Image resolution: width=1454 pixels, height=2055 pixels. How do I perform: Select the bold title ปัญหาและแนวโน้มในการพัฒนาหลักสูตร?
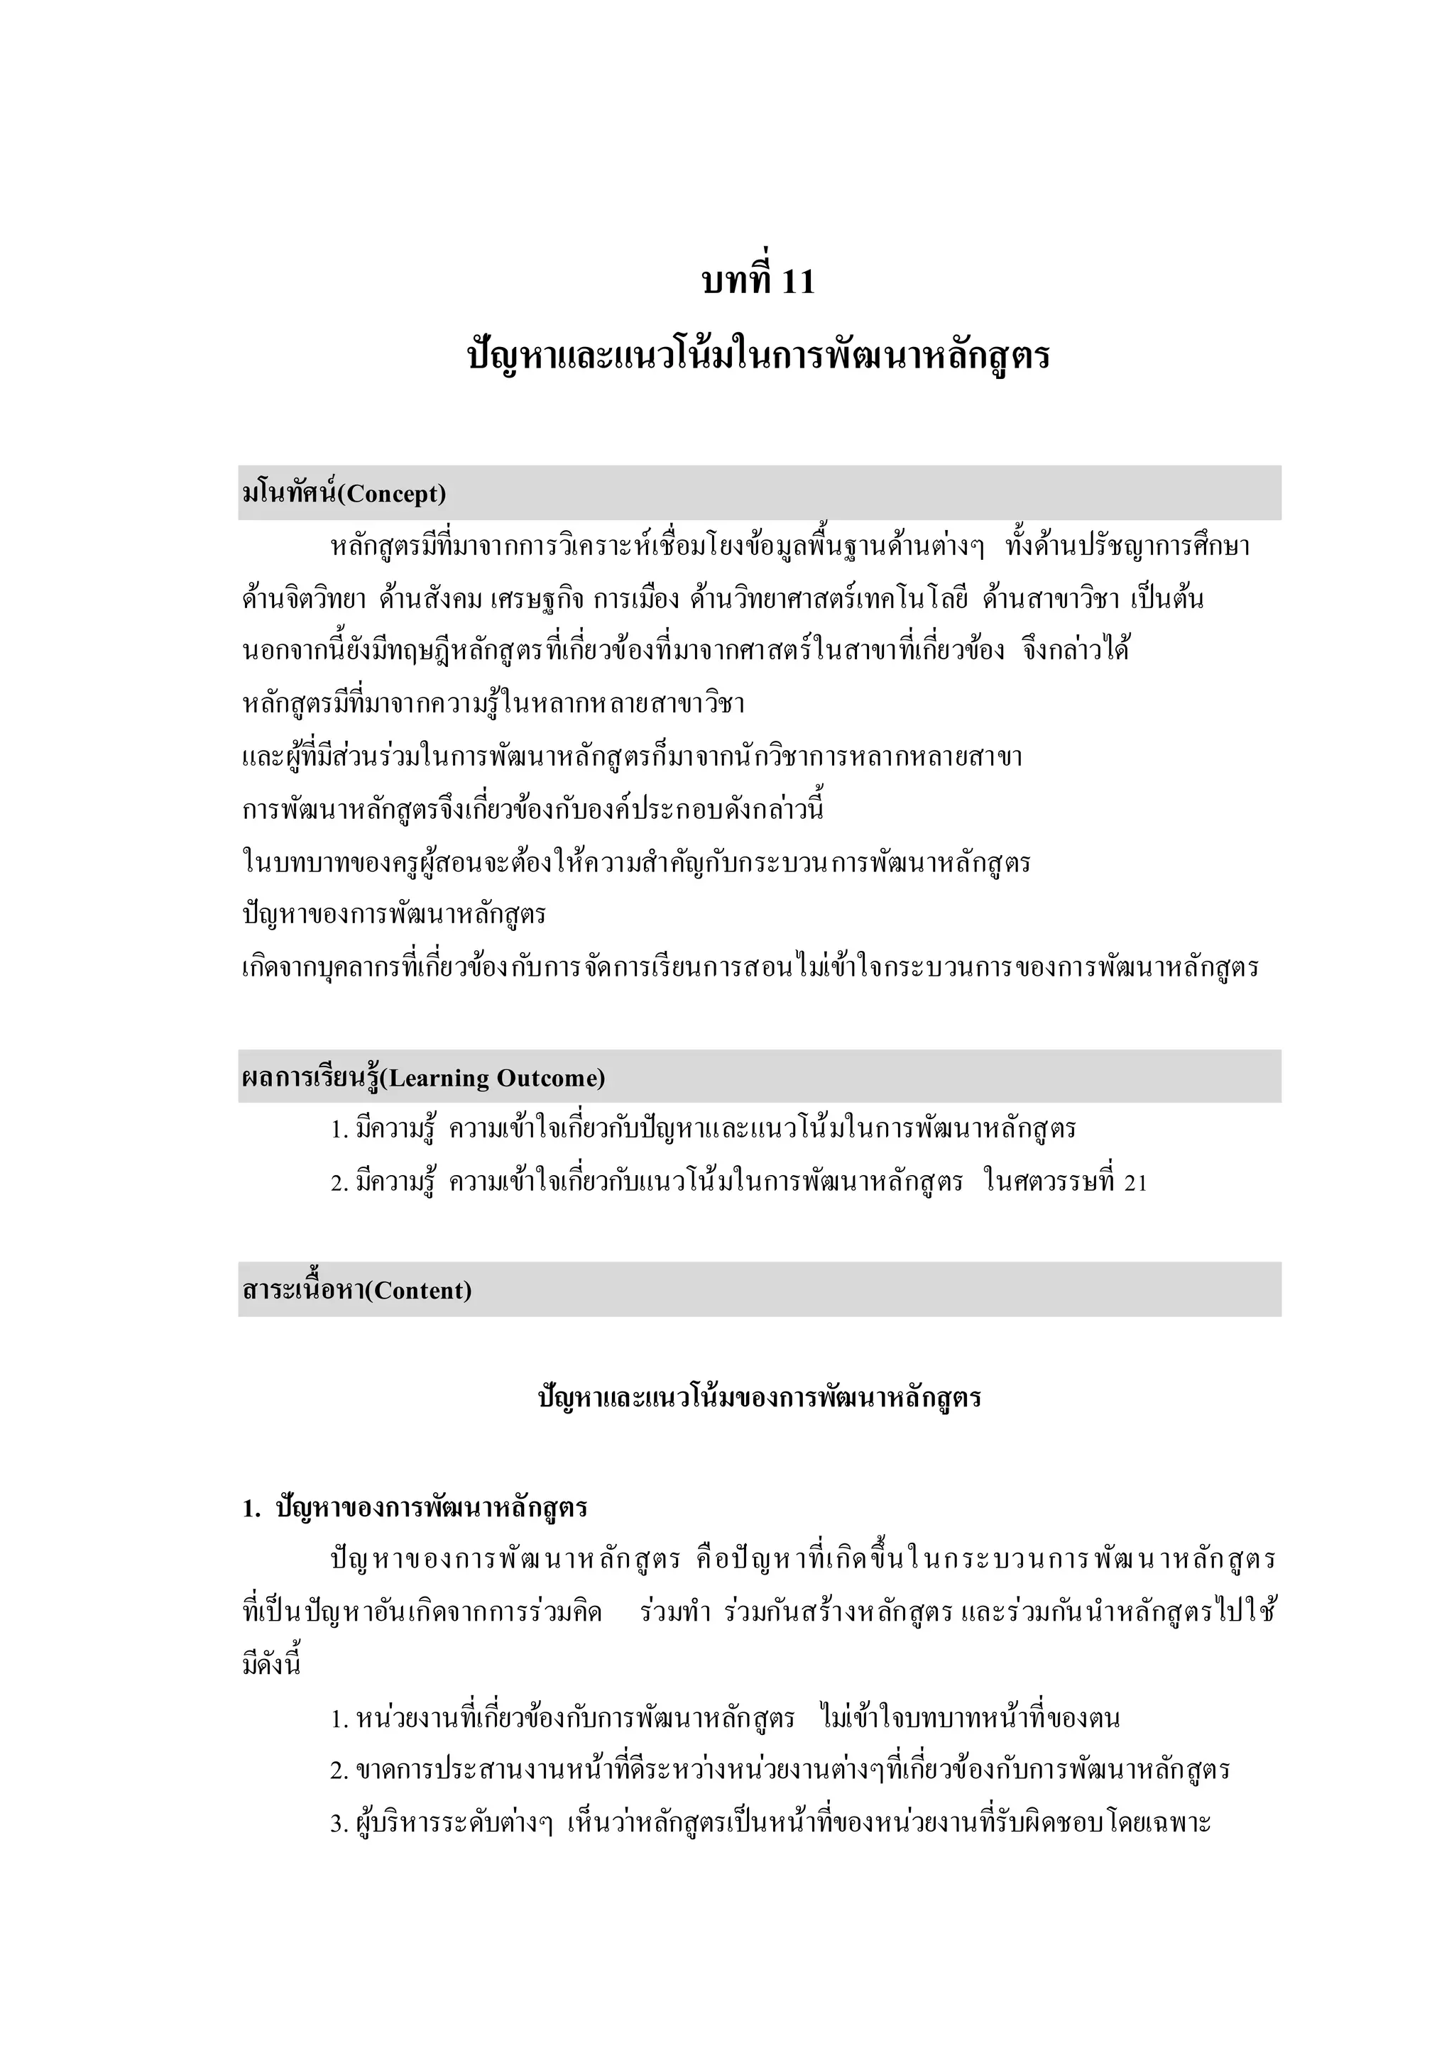759,356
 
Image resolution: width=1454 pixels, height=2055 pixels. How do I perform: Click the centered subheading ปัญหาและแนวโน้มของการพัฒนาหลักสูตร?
759,1397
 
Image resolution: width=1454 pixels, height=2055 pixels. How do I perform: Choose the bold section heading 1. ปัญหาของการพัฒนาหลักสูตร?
415,1508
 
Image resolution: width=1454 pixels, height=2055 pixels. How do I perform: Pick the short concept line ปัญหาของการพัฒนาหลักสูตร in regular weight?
394,915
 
